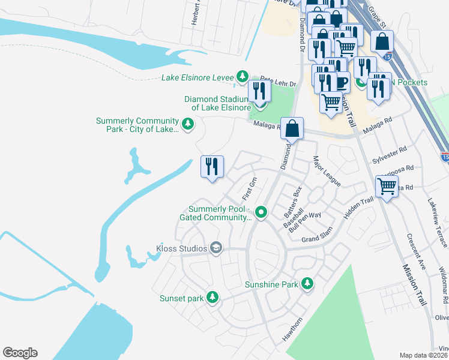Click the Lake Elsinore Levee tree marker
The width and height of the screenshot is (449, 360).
242,76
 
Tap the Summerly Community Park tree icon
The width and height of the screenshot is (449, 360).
188,124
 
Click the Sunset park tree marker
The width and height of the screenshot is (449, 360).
211,297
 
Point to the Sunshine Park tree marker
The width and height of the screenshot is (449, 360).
307,283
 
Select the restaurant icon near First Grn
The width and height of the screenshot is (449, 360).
211,166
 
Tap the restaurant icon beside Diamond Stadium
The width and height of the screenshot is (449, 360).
259,92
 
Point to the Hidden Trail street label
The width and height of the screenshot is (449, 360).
359,208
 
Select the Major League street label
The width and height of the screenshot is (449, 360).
326,172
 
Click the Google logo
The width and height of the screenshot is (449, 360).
20,353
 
